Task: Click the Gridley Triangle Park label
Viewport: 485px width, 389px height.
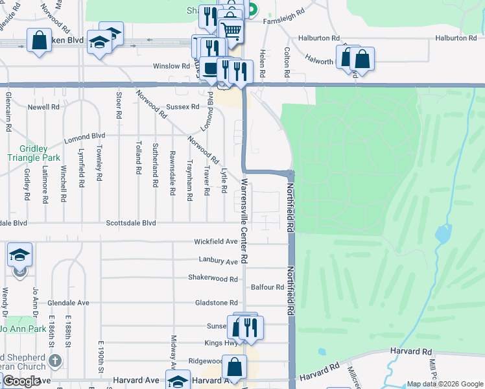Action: coord(33,152)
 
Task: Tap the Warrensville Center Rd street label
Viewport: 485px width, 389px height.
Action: coord(244,220)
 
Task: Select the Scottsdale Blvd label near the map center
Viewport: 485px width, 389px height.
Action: coord(132,223)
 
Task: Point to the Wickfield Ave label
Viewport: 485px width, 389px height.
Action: coord(216,242)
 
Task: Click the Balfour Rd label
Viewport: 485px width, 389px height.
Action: coord(268,287)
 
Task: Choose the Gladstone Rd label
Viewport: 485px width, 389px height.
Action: coord(216,303)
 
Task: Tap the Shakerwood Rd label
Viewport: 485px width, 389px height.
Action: coord(213,279)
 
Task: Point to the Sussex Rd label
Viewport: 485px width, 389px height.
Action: coord(182,106)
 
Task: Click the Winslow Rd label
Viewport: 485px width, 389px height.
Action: coord(171,66)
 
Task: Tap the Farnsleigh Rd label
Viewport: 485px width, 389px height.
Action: coord(284,21)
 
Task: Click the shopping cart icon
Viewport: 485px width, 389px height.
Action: coord(231,30)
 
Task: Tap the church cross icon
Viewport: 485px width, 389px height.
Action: coord(56,360)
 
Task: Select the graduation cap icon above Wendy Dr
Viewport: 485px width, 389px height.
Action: coord(19,255)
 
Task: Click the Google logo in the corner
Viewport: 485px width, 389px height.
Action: coord(21,381)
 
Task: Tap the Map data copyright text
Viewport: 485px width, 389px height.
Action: coord(444,384)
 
